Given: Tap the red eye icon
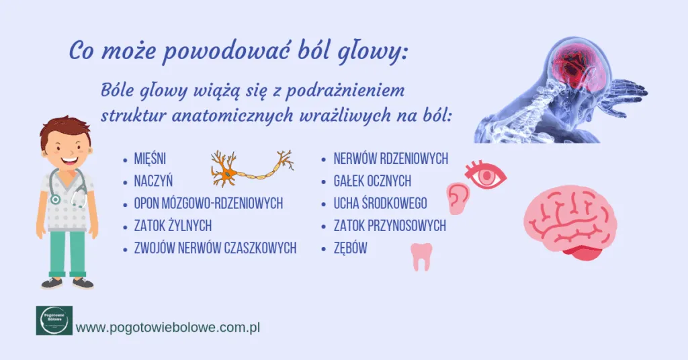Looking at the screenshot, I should click(486, 176).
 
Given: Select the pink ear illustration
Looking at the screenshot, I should click(459, 197).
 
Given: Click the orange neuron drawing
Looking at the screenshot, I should click(252, 168).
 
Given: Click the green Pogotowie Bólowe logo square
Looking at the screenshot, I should click(54, 320).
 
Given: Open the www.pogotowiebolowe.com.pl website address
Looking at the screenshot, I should click(168, 328).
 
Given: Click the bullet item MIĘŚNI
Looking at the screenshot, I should click(150, 159).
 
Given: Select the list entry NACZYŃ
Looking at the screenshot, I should click(154, 181).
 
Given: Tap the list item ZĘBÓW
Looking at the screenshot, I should click(350, 249).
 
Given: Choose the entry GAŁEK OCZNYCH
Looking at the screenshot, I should click(372, 181).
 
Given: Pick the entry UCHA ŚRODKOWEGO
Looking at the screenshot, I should click(380, 204).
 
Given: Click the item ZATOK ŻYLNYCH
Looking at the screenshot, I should click(173, 226).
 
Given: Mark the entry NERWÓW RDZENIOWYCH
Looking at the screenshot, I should click(390, 159).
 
